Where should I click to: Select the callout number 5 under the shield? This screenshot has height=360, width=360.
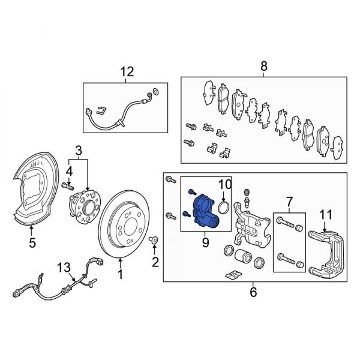(x=32, y=243)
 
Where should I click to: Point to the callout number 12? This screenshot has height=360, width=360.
(x=127, y=73)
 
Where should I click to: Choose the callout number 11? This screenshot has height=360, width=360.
(x=325, y=213)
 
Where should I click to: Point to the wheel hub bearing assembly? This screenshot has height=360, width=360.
(x=88, y=208)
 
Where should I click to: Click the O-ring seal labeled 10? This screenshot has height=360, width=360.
(x=223, y=207)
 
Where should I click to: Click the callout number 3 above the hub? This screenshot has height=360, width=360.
(x=78, y=149)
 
